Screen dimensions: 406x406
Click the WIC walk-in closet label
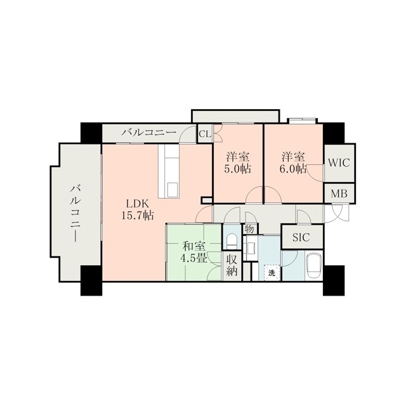click(x=339, y=163)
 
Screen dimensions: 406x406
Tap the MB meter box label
click(x=339, y=193)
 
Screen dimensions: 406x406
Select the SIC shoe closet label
click(x=301, y=237)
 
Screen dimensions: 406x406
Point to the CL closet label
click(x=205, y=134)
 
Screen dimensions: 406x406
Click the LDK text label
click(x=137, y=204)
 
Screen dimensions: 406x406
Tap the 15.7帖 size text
click(x=137, y=215)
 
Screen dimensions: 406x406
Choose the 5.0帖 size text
click(x=238, y=169)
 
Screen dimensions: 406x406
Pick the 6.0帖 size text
click(x=293, y=169)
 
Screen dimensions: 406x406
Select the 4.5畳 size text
click(x=193, y=258)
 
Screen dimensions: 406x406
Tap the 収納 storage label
click(x=232, y=265)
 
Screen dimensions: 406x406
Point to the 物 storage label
click(x=249, y=230)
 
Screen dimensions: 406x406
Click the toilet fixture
click(x=232, y=241)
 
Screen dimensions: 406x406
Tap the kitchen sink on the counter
click(x=172, y=190)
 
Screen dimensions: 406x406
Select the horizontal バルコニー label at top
click(x=149, y=133)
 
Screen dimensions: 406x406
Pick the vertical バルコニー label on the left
click(x=75, y=213)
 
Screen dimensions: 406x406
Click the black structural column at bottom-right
click(x=334, y=280)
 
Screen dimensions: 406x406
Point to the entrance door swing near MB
click(x=337, y=213)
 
